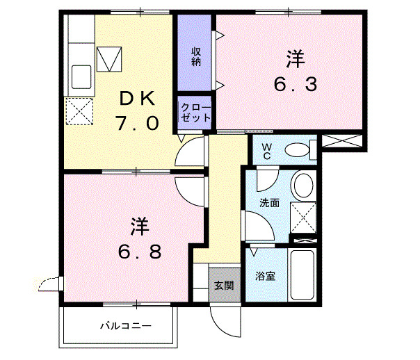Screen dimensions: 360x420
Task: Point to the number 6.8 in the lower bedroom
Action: click(x=140, y=249)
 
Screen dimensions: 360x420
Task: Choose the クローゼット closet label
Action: click(x=195, y=113)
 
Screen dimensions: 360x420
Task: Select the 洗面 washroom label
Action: click(x=269, y=204)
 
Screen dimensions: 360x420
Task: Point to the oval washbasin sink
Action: click(x=303, y=186)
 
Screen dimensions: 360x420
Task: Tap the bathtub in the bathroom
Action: click(x=303, y=275)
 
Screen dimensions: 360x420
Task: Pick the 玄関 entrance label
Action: click(x=223, y=284)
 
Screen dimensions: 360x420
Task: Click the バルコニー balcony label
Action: click(x=125, y=325)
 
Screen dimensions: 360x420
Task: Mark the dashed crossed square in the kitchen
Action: click(x=79, y=111)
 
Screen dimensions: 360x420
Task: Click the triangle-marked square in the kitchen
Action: click(x=109, y=58)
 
